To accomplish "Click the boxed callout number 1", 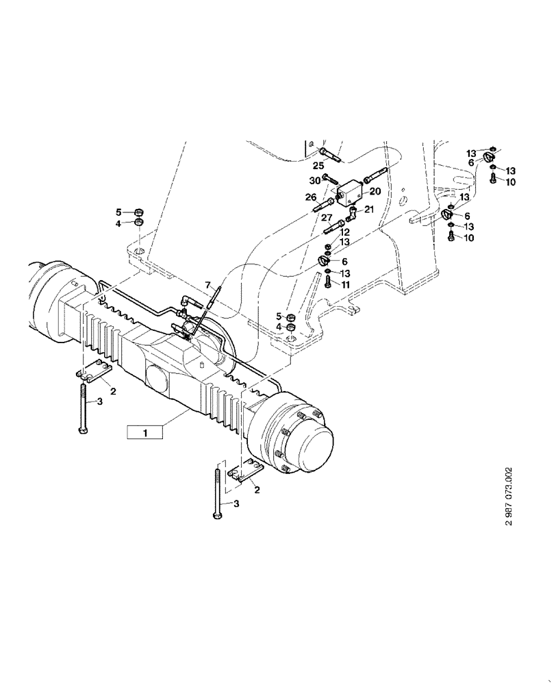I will point(144,432).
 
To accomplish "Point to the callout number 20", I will point(375,191).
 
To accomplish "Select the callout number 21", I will point(369,210).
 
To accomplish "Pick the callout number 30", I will point(314,180).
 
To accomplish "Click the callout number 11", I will point(346,284).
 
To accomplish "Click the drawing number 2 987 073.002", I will point(508,496).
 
